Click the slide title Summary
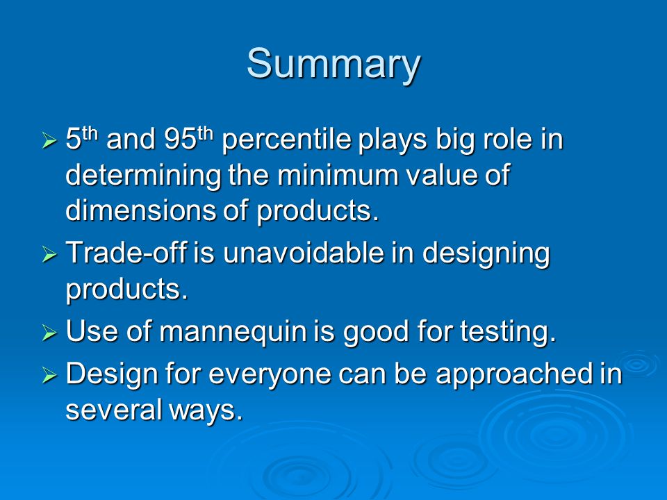[333, 65]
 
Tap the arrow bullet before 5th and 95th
[49, 140]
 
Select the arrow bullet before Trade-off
[49, 254]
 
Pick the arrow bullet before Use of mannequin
[49, 333]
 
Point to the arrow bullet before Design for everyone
[49, 375]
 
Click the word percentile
[287, 140]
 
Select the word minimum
[338, 175]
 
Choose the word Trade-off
[126, 253]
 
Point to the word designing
[486, 255]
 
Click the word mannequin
[233, 333]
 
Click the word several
[114, 410]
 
